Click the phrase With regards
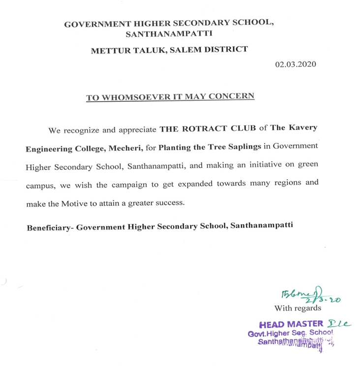297,309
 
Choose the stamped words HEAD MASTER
291,324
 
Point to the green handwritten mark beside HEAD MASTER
339,323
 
